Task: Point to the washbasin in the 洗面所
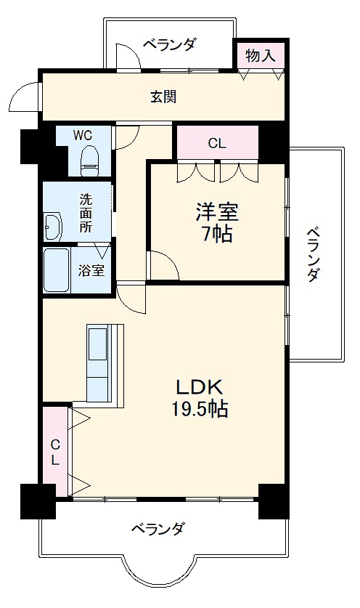pyautogui.click(x=53, y=227)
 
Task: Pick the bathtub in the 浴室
pyautogui.click(x=57, y=270)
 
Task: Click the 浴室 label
pyautogui.click(x=91, y=271)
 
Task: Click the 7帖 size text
pyautogui.click(x=216, y=235)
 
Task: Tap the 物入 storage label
pyautogui.click(x=259, y=54)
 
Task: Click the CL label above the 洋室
pyautogui.click(x=216, y=143)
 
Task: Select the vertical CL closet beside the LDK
pyautogui.click(x=54, y=451)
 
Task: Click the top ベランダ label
pyautogui.click(x=168, y=45)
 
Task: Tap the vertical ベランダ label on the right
pyautogui.click(x=314, y=254)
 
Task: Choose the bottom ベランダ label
pyautogui.click(x=158, y=529)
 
